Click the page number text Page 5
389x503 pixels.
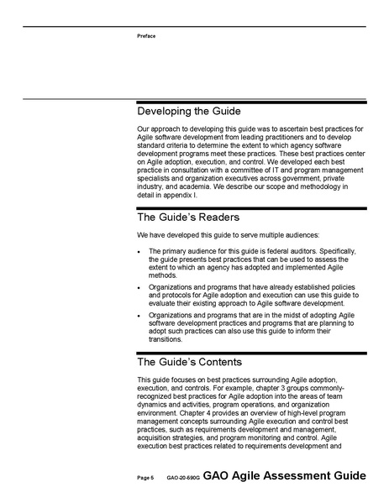(x=145, y=477)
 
